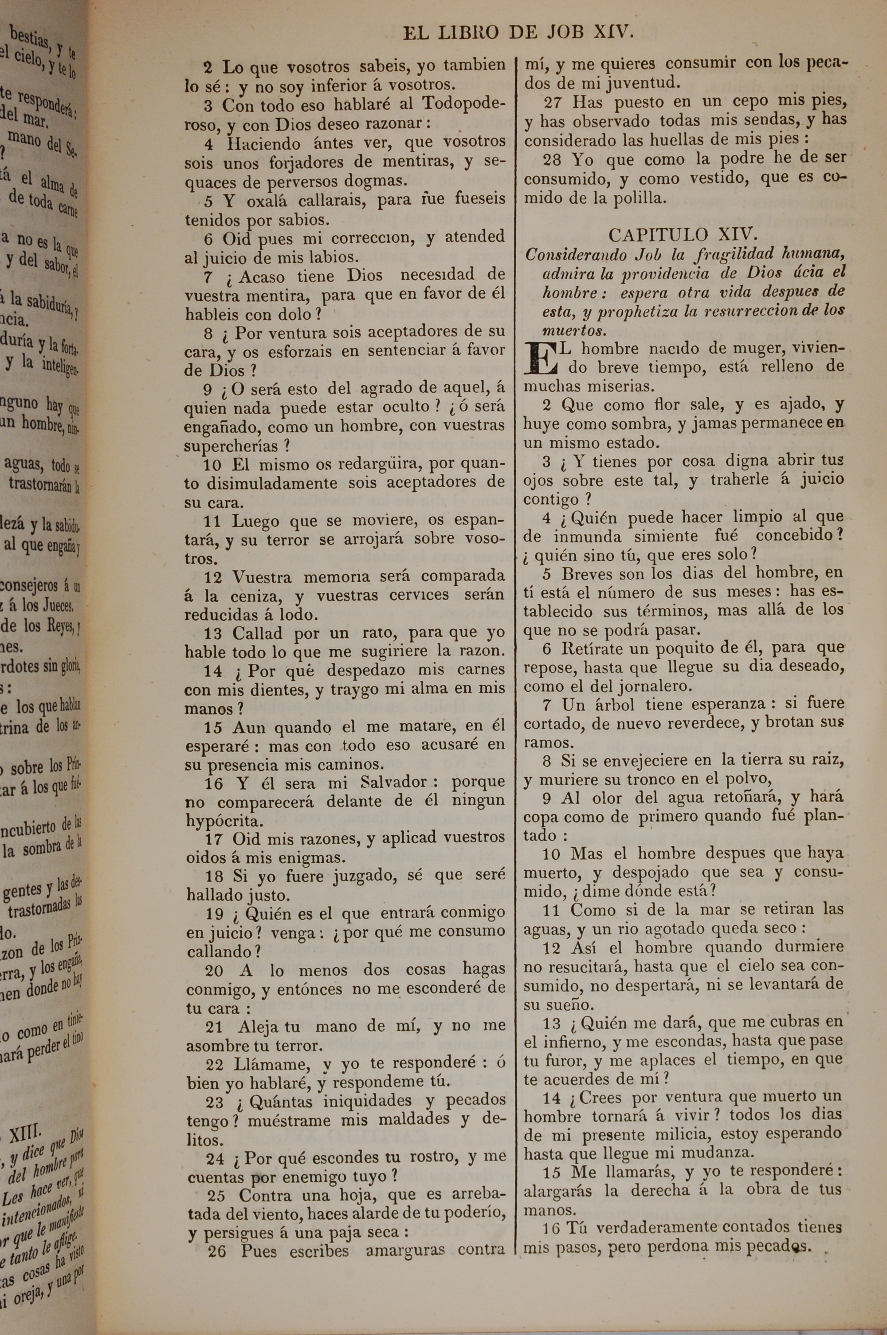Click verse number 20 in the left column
(x=214, y=971)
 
